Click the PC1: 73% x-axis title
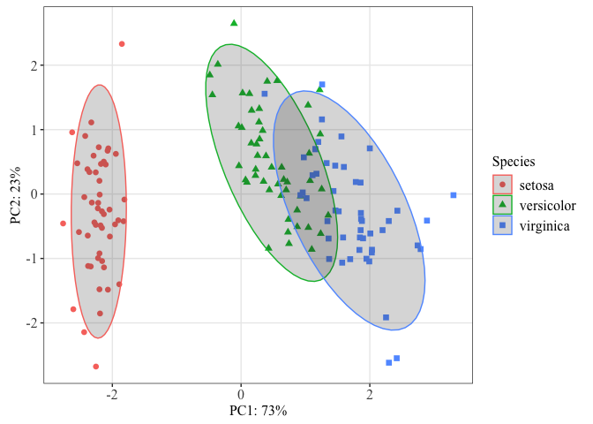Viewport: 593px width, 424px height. point(258,411)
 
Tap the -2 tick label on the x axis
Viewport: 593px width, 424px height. point(112,393)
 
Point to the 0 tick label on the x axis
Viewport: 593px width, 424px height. point(241,393)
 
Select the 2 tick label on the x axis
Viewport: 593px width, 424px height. point(370,393)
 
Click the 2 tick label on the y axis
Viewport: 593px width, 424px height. point(32,65)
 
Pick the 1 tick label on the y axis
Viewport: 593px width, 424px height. point(32,130)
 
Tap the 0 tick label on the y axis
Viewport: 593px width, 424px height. point(32,194)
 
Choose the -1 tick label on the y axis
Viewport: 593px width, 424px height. point(29,259)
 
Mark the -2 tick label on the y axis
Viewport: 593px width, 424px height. point(29,323)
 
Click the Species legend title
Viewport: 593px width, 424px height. point(514,162)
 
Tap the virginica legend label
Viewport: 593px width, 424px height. point(544,226)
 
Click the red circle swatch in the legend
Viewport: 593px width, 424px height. point(502,185)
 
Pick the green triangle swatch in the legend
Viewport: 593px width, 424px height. point(502,206)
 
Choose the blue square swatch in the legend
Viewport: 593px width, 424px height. point(502,226)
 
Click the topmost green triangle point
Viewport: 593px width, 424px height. point(234,23)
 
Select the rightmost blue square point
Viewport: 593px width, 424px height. point(454,195)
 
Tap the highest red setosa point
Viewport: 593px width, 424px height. point(122,43)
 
